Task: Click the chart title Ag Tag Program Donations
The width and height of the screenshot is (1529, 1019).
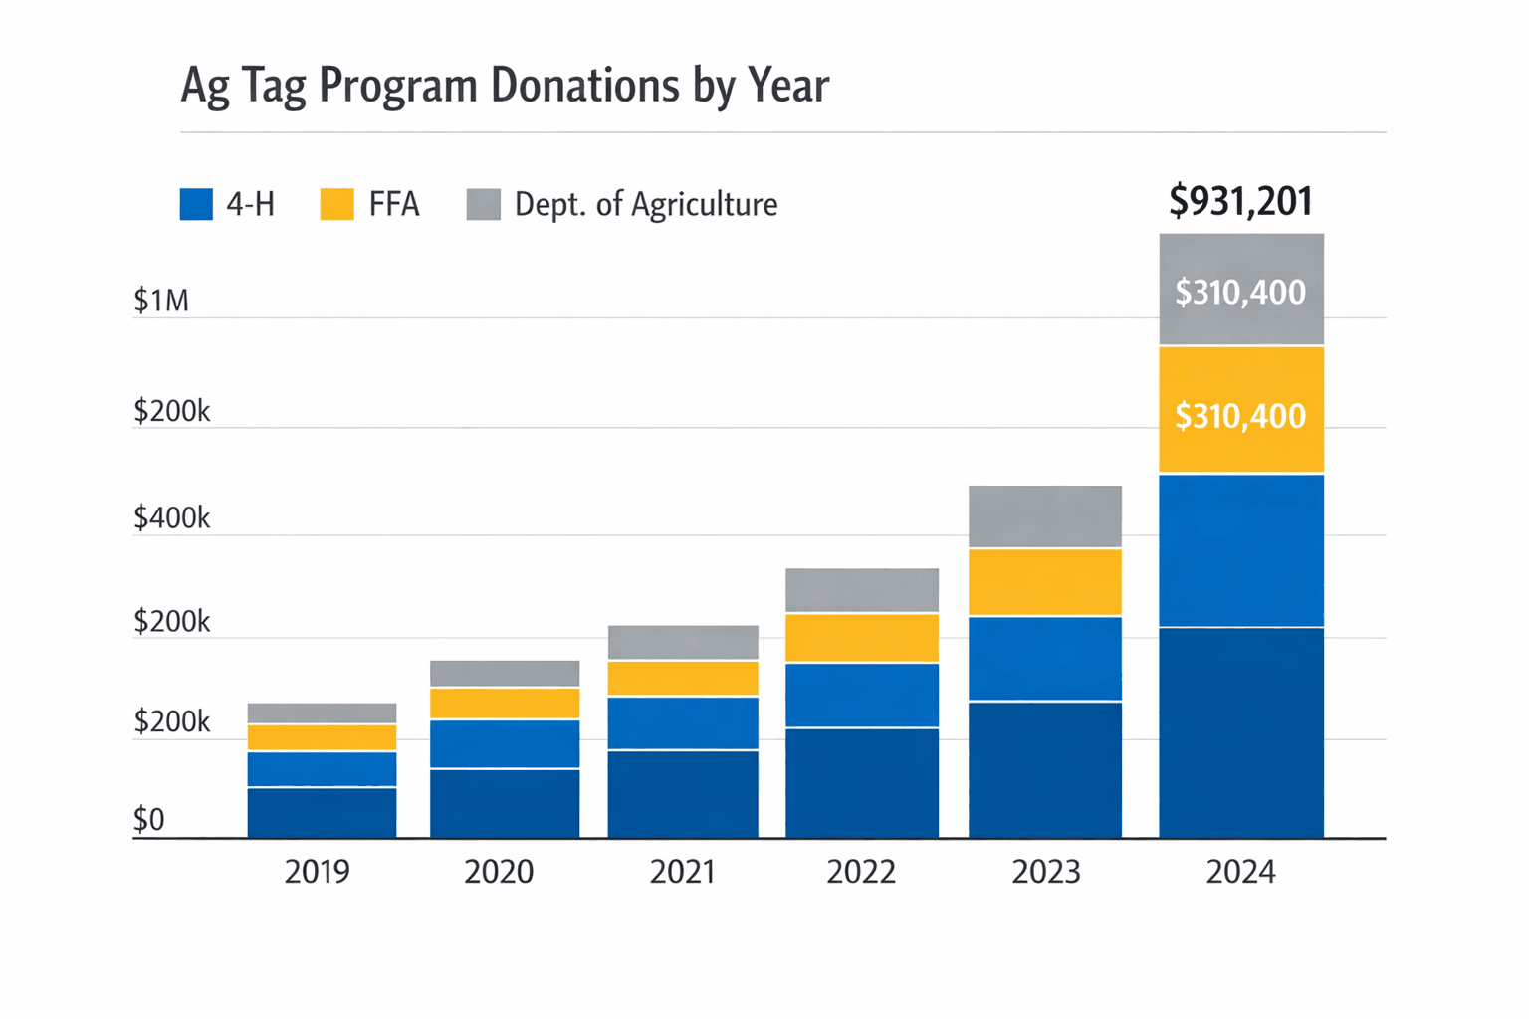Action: tap(504, 86)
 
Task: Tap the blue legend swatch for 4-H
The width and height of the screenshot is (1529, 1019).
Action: tap(196, 204)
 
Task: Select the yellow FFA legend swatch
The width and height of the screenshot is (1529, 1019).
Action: tap(336, 204)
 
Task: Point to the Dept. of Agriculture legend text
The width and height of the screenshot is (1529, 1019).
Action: tap(645, 204)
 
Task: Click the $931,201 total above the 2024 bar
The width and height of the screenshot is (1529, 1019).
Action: tap(1240, 201)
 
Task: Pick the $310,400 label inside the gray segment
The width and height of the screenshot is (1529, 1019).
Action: tap(1240, 292)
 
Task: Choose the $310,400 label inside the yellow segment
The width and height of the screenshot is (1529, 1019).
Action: tap(1240, 415)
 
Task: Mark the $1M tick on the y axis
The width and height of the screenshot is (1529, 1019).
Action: tap(161, 301)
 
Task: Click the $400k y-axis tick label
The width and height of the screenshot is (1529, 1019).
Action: tap(171, 518)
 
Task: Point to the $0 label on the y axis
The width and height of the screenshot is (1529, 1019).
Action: tap(149, 820)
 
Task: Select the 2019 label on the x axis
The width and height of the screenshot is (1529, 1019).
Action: tap(317, 872)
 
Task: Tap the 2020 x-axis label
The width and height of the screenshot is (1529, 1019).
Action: tap(499, 872)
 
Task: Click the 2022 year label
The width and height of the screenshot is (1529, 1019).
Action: tap(861, 872)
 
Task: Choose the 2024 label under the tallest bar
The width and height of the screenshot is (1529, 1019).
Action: tap(1240, 872)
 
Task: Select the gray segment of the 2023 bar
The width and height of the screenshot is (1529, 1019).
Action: tap(1045, 516)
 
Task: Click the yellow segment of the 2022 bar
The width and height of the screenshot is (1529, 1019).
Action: tap(862, 638)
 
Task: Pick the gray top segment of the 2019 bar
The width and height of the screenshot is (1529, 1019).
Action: tap(322, 713)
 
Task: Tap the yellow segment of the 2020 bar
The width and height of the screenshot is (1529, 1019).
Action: tap(505, 704)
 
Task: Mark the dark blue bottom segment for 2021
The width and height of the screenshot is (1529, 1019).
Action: tap(683, 794)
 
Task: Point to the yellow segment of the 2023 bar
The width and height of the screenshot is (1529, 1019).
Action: tap(1045, 582)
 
